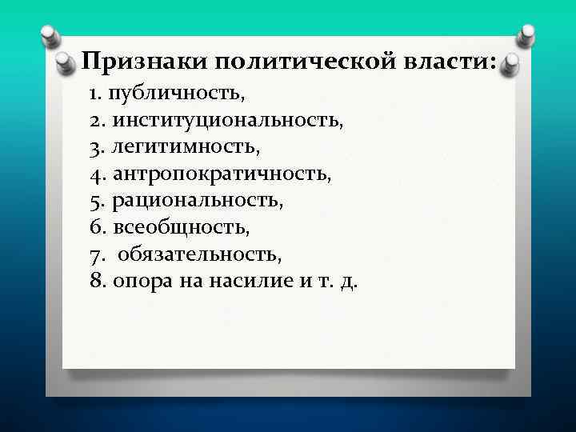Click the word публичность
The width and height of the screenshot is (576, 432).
tap(179, 94)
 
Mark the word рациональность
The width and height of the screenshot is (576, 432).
tap(198, 200)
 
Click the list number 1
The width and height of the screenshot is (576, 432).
tap(95, 94)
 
